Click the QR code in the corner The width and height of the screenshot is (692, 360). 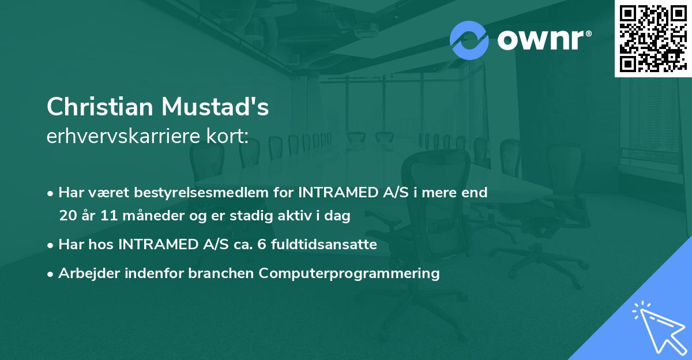[653, 38]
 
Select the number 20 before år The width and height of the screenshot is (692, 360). [67, 216]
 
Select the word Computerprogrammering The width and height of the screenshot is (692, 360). [349, 273]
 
